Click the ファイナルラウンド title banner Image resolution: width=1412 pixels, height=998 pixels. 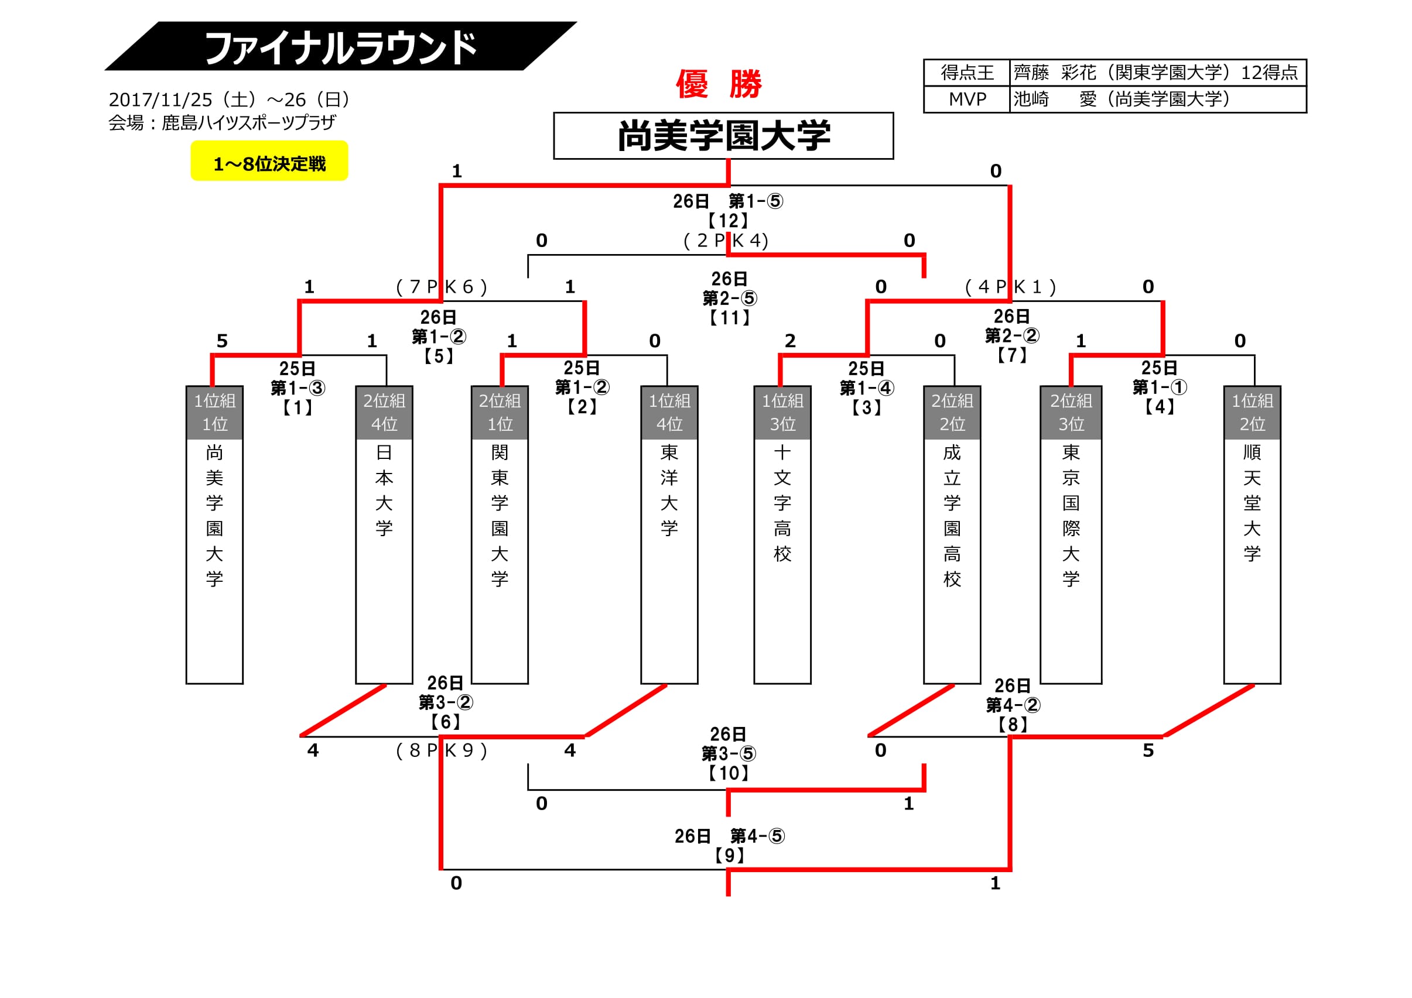[340, 47]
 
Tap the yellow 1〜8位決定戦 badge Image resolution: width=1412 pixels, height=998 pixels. [269, 162]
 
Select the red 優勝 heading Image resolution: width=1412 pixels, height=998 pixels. [719, 84]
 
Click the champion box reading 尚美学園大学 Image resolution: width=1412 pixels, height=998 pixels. [723, 136]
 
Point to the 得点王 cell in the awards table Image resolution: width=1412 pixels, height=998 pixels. [967, 73]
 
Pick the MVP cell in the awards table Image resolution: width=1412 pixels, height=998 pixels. [967, 100]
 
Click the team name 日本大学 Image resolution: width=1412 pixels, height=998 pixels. [384, 490]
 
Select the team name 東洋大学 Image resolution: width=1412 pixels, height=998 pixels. [669, 490]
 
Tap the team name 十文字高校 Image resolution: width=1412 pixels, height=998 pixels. [782, 503]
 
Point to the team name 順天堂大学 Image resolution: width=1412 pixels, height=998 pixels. [1252, 503]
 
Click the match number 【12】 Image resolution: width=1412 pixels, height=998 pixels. [728, 221]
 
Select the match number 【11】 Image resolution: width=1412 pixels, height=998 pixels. [729, 318]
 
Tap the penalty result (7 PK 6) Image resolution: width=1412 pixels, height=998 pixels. [441, 287]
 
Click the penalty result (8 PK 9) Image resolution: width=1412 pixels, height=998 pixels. [441, 750]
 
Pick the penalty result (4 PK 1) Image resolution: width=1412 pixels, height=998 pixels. [1010, 287]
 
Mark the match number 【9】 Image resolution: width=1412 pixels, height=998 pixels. [729, 855]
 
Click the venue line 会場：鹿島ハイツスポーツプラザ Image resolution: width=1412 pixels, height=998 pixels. [222, 123]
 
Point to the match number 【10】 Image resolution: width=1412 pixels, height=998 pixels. [728, 773]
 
